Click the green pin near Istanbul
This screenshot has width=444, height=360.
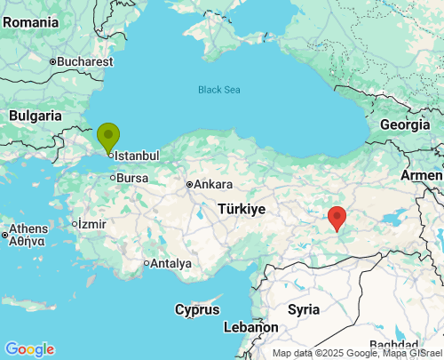point(108,138)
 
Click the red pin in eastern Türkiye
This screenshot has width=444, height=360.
point(337,217)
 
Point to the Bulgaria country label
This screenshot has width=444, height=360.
point(36,116)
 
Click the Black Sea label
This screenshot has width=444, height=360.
point(218,90)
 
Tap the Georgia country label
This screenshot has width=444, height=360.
point(404,124)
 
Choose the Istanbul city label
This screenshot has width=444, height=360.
point(138,156)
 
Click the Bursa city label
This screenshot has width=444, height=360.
point(132,178)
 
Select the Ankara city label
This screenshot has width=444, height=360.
point(213,185)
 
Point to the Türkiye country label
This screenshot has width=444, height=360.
point(242,210)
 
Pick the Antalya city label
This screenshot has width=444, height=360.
point(171,263)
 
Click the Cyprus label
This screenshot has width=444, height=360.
point(197,309)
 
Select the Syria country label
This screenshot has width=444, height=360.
point(304,309)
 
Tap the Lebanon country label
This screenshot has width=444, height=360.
point(250,327)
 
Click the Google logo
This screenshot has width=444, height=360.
point(29,349)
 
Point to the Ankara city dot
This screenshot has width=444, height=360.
point(189,185)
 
